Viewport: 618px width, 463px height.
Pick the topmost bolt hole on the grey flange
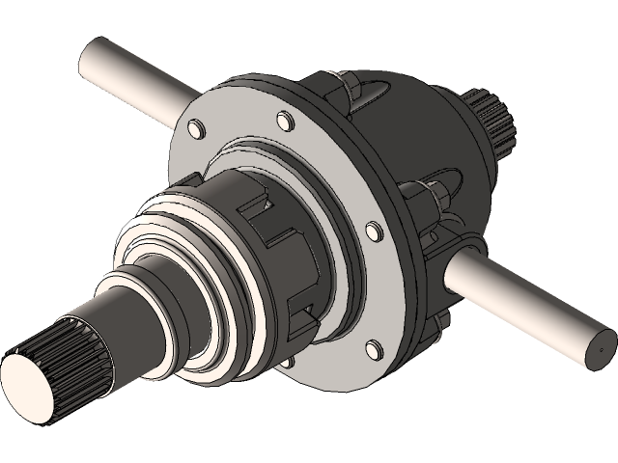tap(284, 121)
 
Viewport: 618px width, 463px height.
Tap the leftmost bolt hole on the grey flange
tap(194, 128)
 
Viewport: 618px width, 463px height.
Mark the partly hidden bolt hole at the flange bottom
tap(287, 365)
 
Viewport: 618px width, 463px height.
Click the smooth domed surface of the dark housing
tap(425, 125)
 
